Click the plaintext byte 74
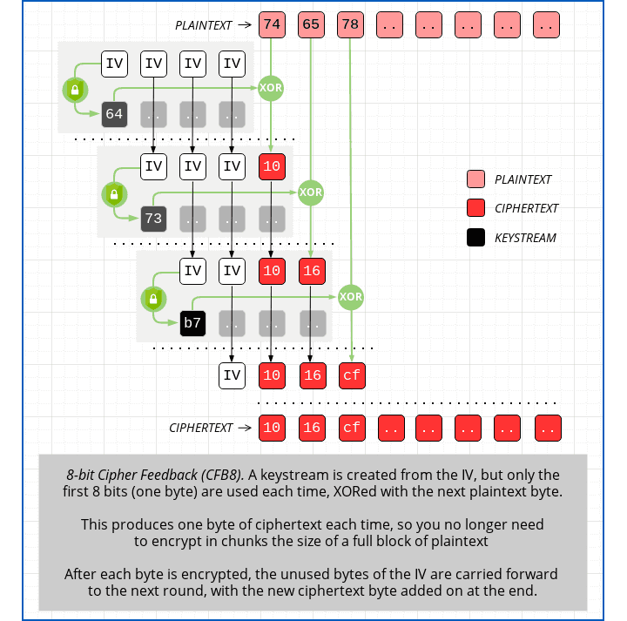[272, 25]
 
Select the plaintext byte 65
[311, 25]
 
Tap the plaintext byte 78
[351, 25]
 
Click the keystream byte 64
[114, 114]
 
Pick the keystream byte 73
[153, 219]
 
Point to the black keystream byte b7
[192, 323]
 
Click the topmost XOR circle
[271, 88]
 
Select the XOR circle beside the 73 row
[311, 192]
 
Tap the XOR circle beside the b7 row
[350, 297]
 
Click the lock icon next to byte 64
[75, 90]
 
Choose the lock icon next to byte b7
[153, 300]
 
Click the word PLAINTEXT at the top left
[204, 26]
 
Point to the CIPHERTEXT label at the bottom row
[201, 428]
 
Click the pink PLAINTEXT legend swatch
[475, 179]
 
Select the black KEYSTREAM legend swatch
[475, 237]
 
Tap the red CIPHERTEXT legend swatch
[475, 208]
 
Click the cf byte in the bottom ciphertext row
[351, 428]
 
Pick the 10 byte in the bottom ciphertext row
[272, 428]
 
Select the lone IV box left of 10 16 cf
[232, 375]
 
